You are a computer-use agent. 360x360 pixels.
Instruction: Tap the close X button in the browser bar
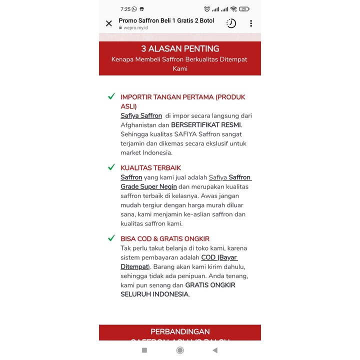point(109,23)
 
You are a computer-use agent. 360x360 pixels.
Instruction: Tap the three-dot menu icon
point(251,23)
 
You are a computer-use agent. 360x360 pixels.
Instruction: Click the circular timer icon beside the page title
point(231,23)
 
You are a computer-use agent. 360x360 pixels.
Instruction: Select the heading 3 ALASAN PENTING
point(180,48)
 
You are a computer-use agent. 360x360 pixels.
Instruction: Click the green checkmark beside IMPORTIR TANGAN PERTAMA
point(111,96)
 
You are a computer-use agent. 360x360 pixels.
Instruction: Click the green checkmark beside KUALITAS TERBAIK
point(111,167)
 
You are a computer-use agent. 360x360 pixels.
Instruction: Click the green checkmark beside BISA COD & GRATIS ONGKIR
point(111,238)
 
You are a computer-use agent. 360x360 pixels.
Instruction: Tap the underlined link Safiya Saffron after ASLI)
point(141,115)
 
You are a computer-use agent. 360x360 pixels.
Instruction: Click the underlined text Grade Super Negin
point(148,186)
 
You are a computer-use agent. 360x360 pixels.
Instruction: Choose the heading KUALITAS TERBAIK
point(150,168)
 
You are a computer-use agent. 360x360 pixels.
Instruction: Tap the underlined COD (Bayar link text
point(219,257)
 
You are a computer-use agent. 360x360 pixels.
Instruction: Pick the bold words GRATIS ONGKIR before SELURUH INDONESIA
point(210,285)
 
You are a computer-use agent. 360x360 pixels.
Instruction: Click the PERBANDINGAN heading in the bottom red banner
point(180,331)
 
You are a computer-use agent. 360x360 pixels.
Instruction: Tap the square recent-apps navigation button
point(144,350)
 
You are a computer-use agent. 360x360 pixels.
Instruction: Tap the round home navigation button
point(180,350)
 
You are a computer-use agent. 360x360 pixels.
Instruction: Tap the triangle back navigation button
point(215,350)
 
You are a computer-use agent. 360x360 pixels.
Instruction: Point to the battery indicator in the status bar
point(244,9)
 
